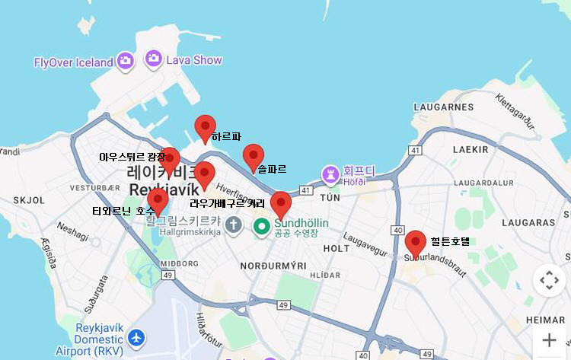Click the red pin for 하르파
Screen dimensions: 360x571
coord(205,127)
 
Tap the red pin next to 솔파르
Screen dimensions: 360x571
coord(254,156)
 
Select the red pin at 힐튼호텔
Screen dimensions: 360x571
coord(415,242)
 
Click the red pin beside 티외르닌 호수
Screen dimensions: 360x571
coord(158,200)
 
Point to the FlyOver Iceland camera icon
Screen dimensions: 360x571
coord(126,61)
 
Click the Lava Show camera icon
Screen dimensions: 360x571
coord(154,59)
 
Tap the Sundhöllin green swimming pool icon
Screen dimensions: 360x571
coord(262,225)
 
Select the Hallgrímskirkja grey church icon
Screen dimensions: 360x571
coord(234,225)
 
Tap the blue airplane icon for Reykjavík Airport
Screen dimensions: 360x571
coord(136,336)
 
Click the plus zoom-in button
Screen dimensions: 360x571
coord(549,340)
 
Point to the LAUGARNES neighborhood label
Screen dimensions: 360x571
coord(444,107)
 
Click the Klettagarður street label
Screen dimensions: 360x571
coord(515,110)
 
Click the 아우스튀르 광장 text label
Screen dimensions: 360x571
coord(132,157)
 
